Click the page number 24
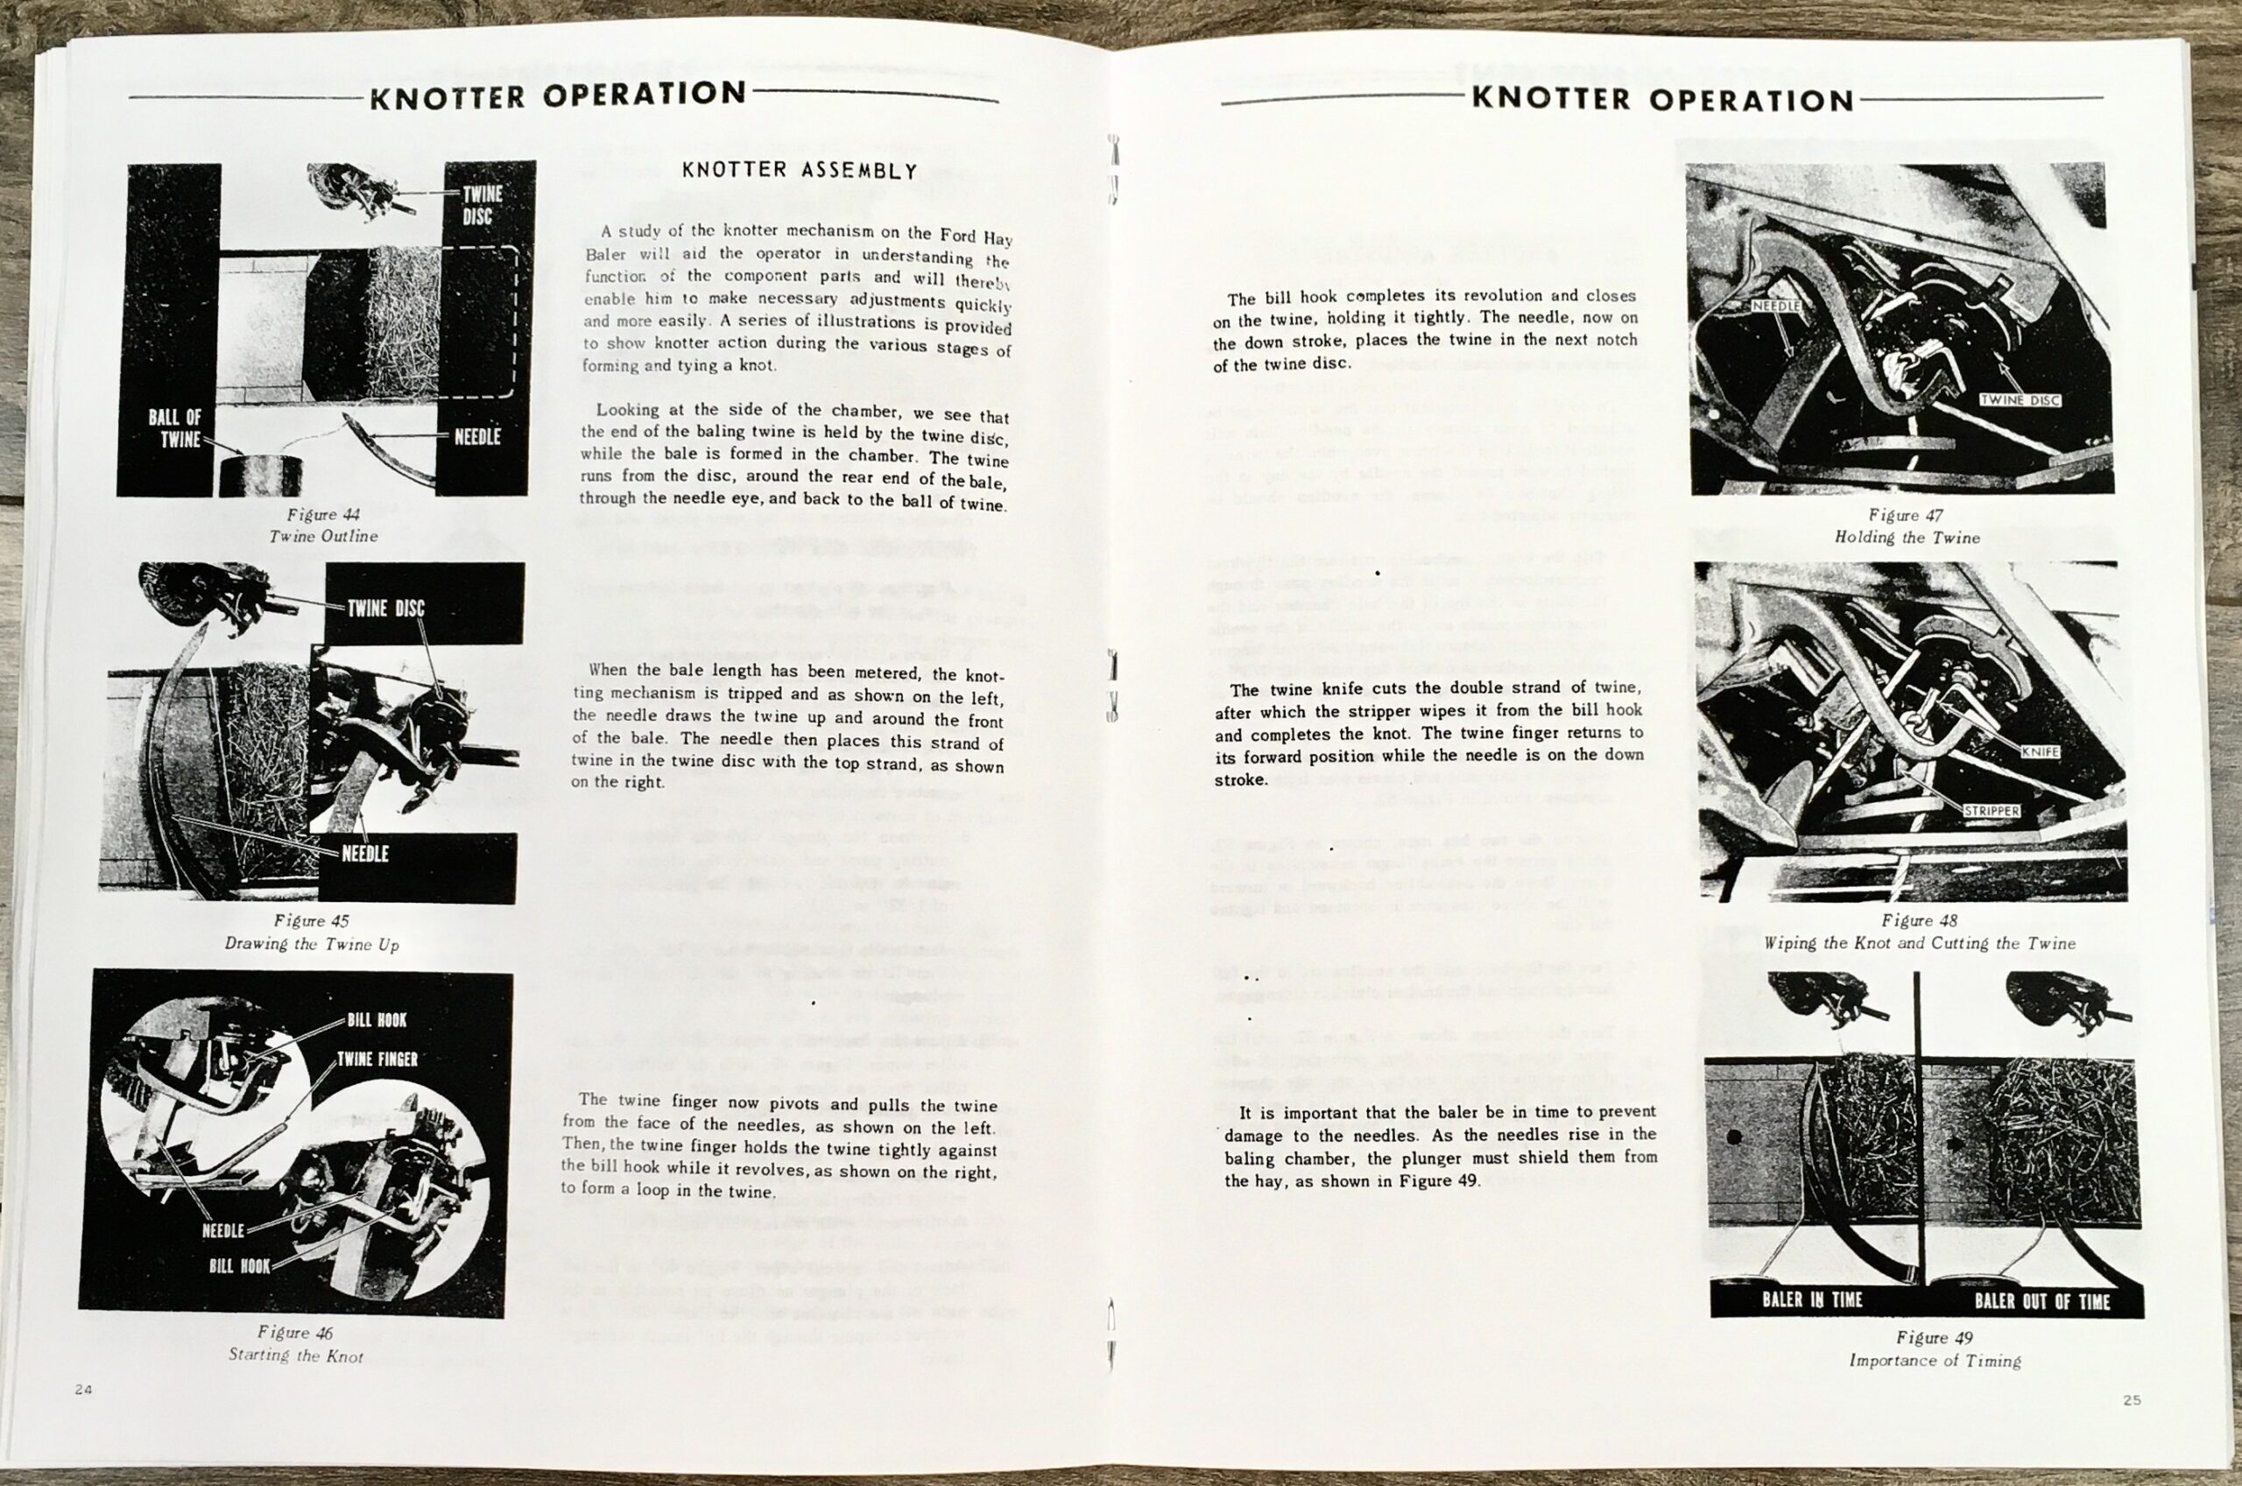tap(83, 1390)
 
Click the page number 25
tap(2131, 1400)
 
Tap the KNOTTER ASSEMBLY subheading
tap(800, 171)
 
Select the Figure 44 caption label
tap(324, 515)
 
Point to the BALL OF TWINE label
tap(174, 428)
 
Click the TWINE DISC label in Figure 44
tap(483, 206)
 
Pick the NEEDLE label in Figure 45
tap(365, 854)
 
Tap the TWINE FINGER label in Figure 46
tap(377, 1060)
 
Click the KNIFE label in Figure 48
tap(2039, 751)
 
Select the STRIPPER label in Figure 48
tap(1991, 811)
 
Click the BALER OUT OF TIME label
tap(2041, 1302)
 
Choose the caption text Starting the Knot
tap(296, 1356)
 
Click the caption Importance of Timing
tap(1934, 1361)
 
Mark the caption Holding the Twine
tap(1907, 538)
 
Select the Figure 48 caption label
tap(1919, 920)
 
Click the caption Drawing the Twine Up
tap(312, 944)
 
